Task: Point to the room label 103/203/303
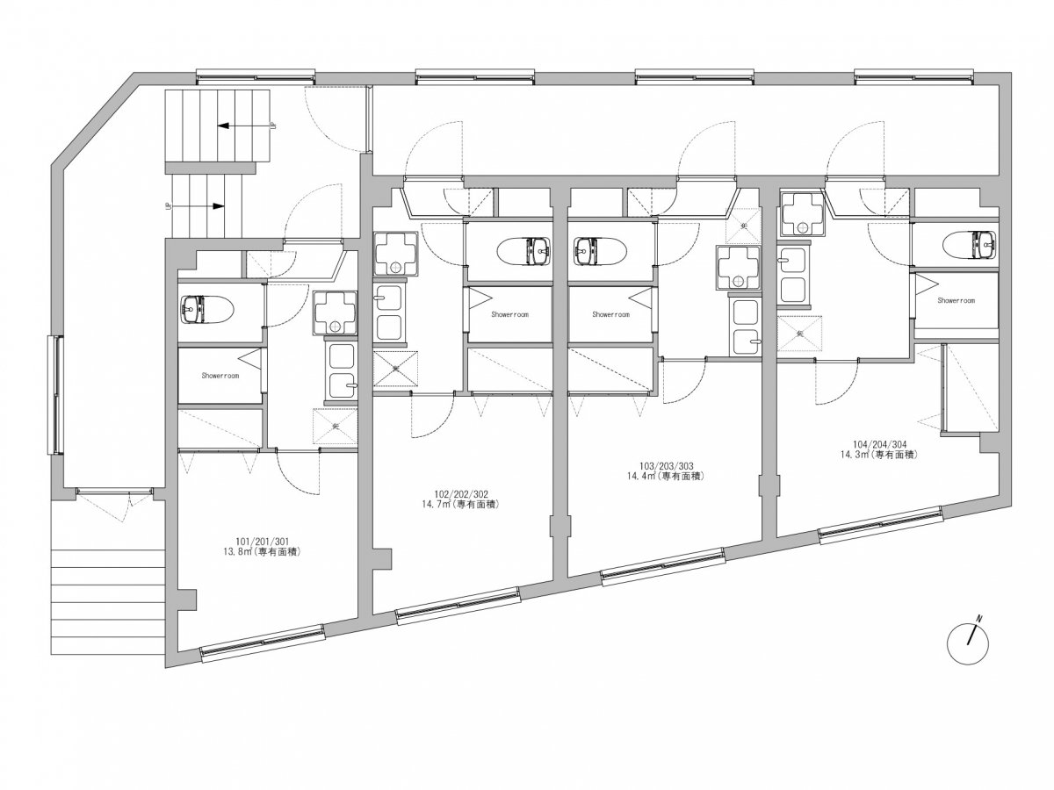point(667,466)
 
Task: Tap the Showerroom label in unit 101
point(220,376)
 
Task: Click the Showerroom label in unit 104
point(956,300)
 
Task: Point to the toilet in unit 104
point(970,245)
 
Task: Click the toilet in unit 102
point(525,251)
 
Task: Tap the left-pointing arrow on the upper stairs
point(246,126)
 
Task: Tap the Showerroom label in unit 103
point(610,314)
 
